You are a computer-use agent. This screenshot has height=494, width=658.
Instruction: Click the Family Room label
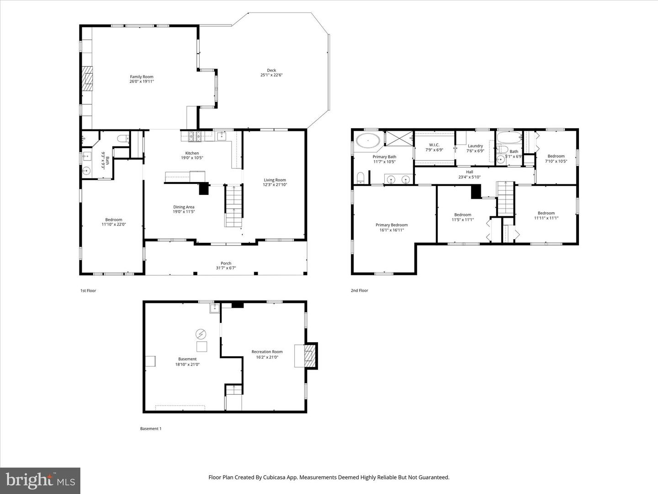tap(142, 77)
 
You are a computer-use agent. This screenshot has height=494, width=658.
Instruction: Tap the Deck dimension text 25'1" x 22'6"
tap(271, 75)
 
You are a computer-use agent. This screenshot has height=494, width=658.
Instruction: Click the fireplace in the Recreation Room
tap(310, 355)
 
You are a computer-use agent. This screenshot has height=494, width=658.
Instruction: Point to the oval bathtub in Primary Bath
tap(368, 141)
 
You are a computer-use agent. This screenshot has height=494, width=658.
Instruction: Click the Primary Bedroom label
tap(392, 225)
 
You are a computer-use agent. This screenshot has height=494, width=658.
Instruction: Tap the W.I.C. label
tap(434, 145)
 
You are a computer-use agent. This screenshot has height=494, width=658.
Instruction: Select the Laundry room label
tap(475, 146)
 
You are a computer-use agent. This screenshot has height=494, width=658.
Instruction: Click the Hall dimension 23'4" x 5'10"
tap(469, 177)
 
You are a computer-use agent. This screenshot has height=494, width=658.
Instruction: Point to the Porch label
tap(226, 263)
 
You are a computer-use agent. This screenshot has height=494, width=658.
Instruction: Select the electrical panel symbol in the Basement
tap(201, 333)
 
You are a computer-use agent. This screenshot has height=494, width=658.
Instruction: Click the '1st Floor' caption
tap(88, 290)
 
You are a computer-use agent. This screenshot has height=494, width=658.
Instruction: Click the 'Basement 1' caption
tap(150, 429)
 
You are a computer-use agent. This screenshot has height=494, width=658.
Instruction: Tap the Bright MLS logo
tap(40, 480)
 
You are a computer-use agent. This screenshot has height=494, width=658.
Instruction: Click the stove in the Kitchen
tap(194, 135)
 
